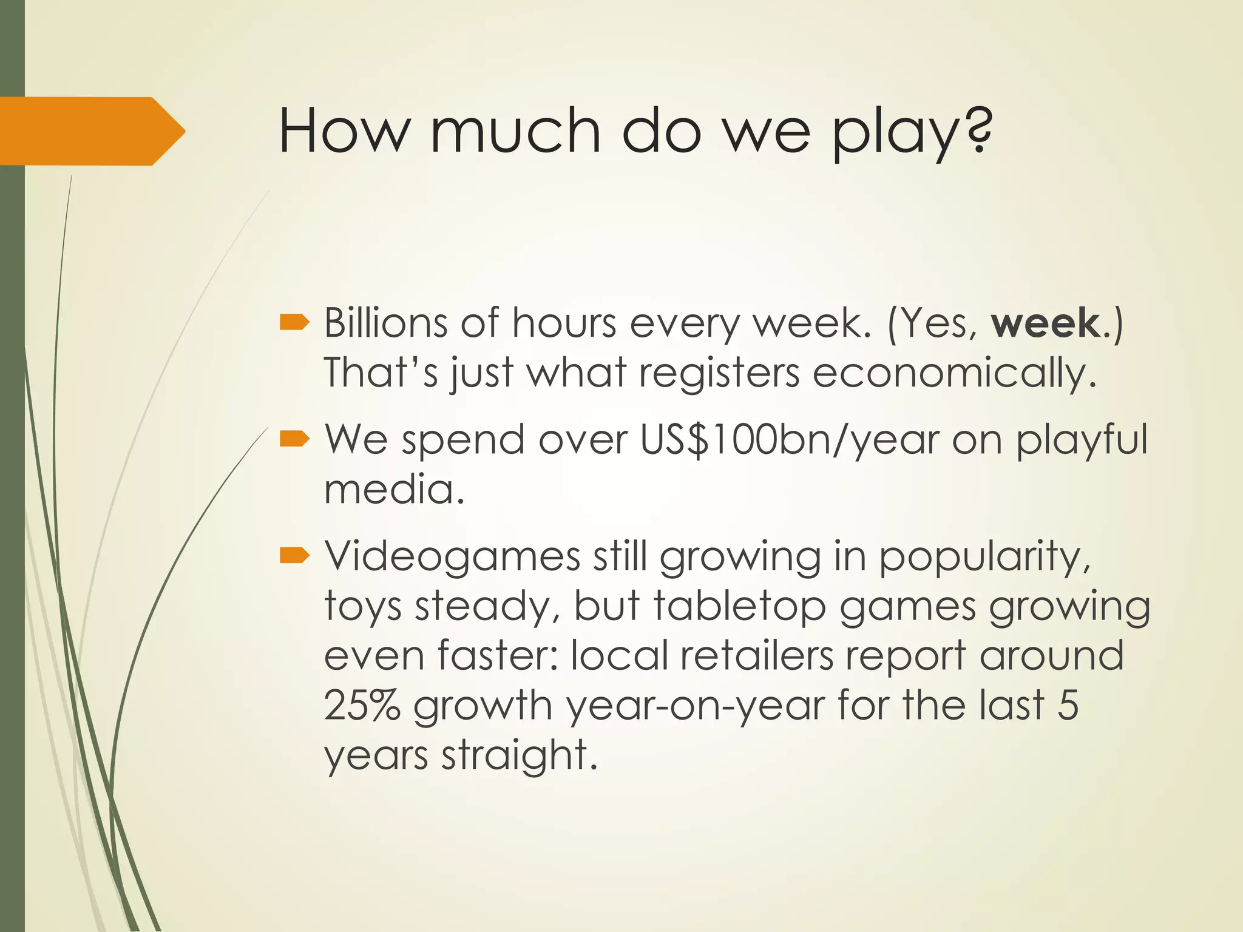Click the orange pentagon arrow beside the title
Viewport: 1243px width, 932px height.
pyautogui.click(x=91, y=131)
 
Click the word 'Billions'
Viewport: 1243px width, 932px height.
pyautogui.click(x=385, y=323)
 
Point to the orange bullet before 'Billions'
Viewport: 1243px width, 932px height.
pyautogui.click(x=295, y=323)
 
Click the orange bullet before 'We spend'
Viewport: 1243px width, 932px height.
pyautogui.click(x=295, y=438)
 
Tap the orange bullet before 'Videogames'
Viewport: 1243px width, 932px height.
pyautogui.click(x=295, y=555)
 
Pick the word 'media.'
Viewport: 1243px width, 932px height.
pyautogui.click(x=395, y=489)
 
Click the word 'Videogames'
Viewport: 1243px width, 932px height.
pyautogui.click(x=452, y=556)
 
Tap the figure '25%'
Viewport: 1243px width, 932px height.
pyautogui.click(x=362, y=705)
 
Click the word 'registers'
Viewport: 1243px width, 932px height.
pyautogui.click(x=719, y=373)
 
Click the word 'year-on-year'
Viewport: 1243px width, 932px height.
pyautogui.click(x=695, y=706)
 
